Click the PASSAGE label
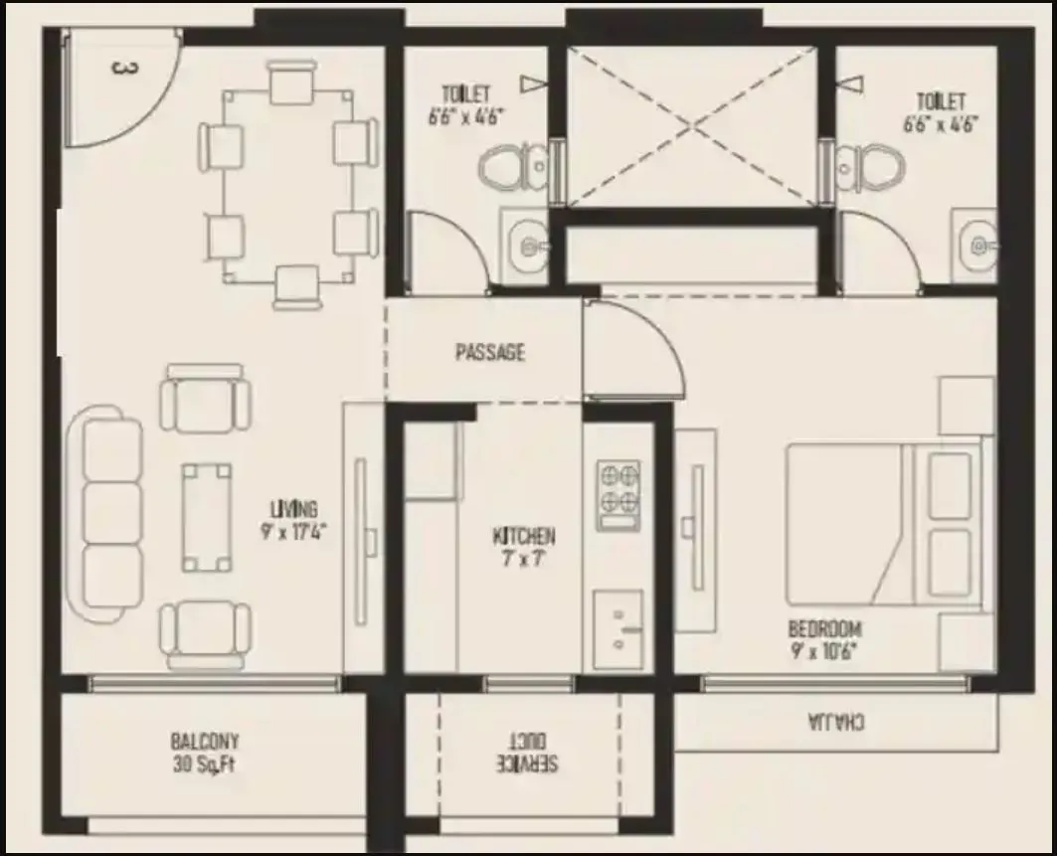click(489, 353)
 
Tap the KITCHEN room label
click(524, 537)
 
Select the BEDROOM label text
click(824, 629)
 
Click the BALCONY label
click(205, 742)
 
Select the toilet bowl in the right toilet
click(865, 168)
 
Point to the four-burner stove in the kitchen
click(617, 494)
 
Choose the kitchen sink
click(617, 628)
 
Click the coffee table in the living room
click(207, 513)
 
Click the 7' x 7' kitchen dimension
click(524, 559)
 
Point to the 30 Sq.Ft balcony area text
click(205, 765)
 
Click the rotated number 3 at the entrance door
click(123, 69)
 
